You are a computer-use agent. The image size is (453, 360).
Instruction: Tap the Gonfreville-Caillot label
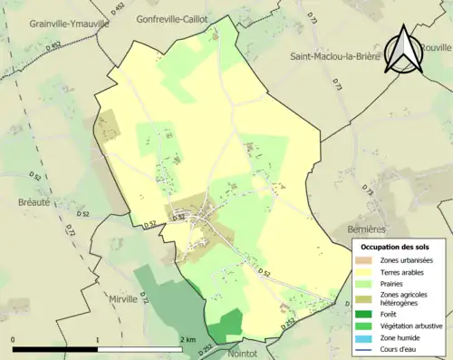pos(184,18)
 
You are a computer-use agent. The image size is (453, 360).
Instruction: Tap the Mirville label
pos(123,297)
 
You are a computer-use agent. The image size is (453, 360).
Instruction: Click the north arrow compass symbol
pos(404,50)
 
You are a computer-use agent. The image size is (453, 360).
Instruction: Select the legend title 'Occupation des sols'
pos(396,247)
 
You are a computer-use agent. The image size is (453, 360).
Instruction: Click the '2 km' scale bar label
pos(188,339)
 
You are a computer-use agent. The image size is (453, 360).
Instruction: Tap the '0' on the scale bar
pos(13,339)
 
